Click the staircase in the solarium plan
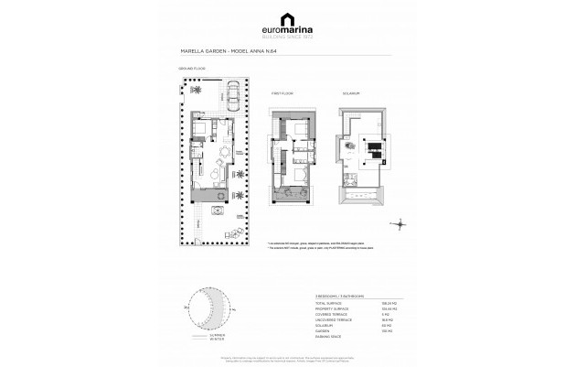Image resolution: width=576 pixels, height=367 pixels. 375,152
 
